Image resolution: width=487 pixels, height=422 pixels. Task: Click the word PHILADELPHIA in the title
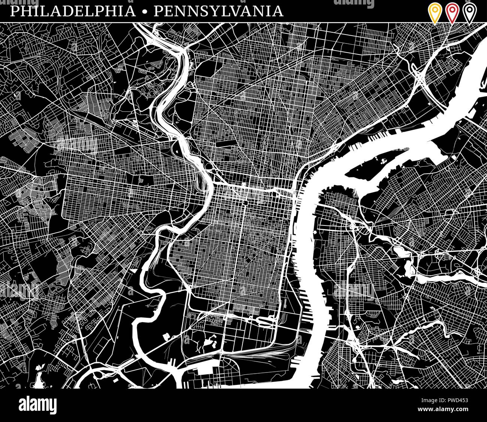(x=73, y=11)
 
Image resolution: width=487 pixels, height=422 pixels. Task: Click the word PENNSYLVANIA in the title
(x=218, y=11)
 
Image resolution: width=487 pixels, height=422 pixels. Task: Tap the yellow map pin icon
(x=435, y=12)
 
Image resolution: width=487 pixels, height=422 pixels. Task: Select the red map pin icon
(x=452, y=12)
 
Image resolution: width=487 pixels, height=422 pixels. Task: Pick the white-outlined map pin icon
(x=469, y=12)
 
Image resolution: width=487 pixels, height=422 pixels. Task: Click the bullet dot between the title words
(x=145, y=12)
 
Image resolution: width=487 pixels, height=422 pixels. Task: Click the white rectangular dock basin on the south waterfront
(x=204, y=370)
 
